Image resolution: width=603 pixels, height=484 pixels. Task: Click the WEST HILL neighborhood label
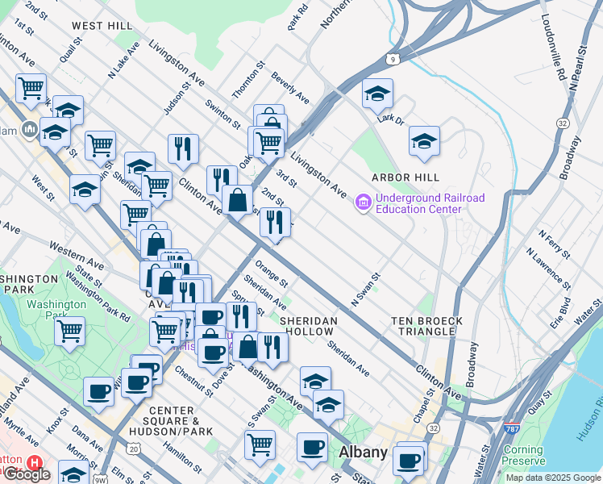[102, 26]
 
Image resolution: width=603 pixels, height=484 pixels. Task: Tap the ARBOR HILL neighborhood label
[405, 177]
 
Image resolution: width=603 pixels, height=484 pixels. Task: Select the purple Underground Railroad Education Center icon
[363, 202]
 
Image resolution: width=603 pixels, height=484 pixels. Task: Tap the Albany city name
[364, 452]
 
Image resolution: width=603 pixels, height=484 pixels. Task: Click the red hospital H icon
[34, 463]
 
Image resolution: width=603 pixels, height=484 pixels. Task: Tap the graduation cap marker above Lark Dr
[377, 94]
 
